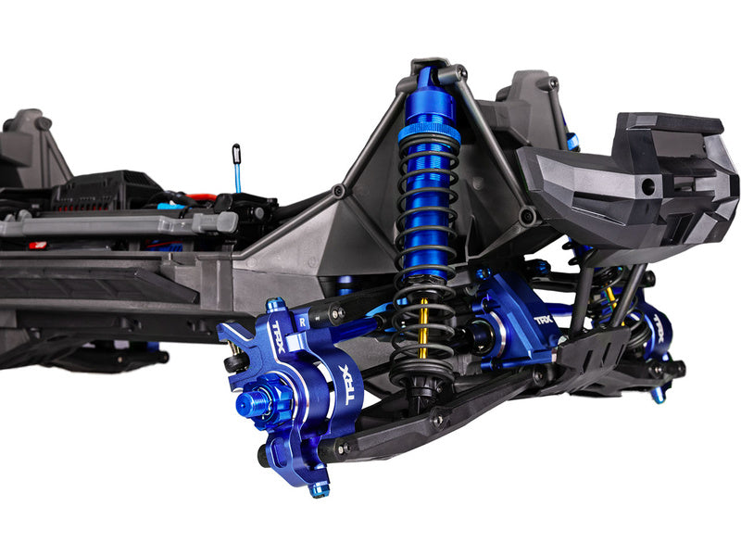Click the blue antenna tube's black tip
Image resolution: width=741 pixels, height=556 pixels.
[x=236, y=149]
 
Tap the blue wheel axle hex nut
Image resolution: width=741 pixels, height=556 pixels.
[x=249, y=403]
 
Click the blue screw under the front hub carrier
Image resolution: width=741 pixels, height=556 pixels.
[x=319, y=487]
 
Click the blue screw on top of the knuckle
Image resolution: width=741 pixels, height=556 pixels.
[x=273, y=304]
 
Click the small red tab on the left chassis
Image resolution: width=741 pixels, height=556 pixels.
[x=37, y=246]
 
